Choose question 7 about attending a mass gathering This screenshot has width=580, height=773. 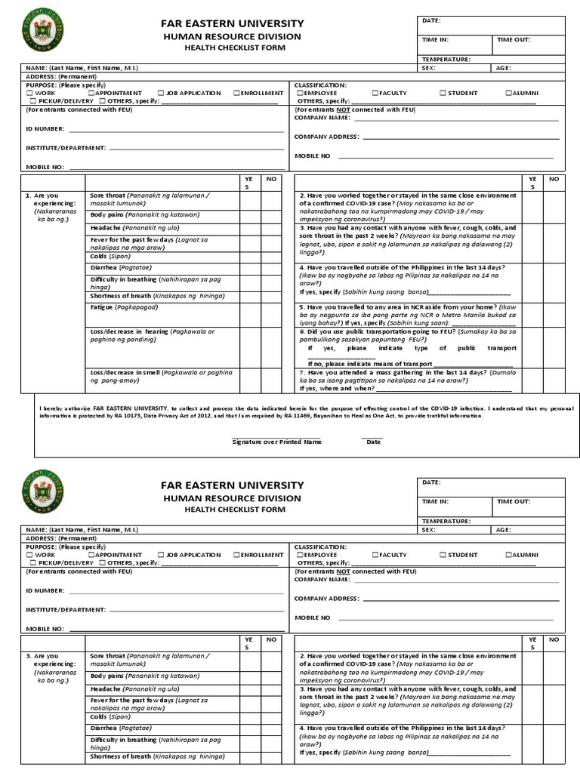408,377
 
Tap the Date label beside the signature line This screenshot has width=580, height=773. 373,442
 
